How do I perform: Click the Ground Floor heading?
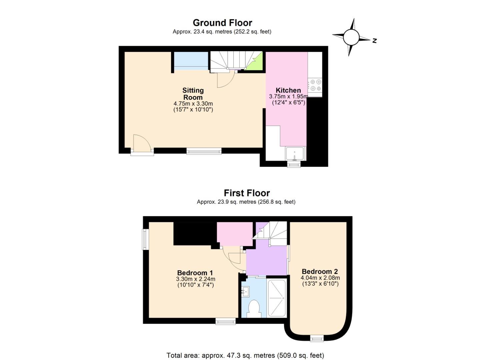coord(222,23)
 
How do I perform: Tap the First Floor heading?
coord(247,193)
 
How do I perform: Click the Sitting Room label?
coord(193,94)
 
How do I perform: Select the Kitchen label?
coord(288,90)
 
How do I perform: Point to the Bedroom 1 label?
coord(195,273)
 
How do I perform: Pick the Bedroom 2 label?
coord(320,271)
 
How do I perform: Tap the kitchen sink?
coord(294,154)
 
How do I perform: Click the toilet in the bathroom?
coord(254,309)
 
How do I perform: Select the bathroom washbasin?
coord(246,291)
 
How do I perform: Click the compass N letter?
coord(374,41)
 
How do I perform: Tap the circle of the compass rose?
coord(351,37)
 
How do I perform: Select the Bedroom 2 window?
coord(317,338)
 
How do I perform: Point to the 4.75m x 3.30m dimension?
coord(193,103)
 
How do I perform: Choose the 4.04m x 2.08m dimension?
coord(320,278)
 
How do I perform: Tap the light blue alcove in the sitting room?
coord(191,61)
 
